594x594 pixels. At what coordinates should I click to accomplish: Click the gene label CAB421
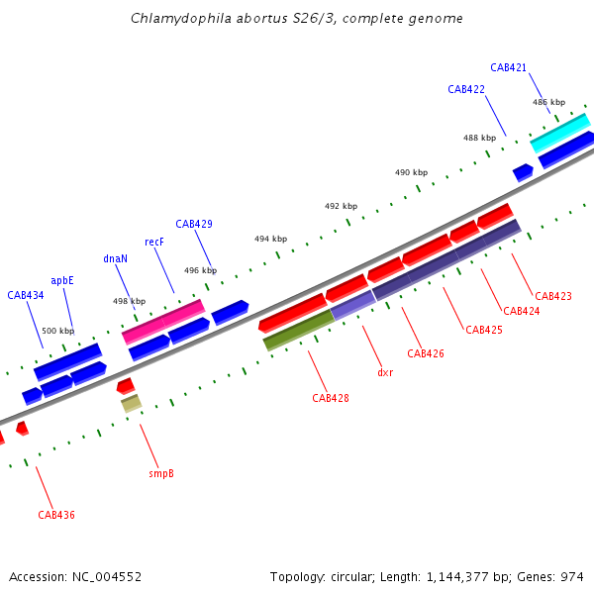pyautogui.click(x=508, y=67)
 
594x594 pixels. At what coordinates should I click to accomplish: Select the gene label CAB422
pyautogui.click(x=465, y=89)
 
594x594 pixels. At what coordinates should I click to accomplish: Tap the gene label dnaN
pyautogui.click(x=115, y=258)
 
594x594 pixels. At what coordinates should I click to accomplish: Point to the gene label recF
pyautogui.click(x=153, y=242)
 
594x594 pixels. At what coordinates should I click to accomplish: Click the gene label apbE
pyautogui.click(x=62, y=280)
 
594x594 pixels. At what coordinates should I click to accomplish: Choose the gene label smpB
pyautogui.click(x=161, y=473)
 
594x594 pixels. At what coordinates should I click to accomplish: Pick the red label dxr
pyautogui.click(x=385, y=373)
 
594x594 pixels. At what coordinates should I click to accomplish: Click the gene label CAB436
pyautogui.click(x=56, y=515)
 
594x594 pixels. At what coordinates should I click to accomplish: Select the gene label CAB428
pyautogui.click(x=330, y=398)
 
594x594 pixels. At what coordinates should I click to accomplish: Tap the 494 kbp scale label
pyautogui.click(x=270, y=239)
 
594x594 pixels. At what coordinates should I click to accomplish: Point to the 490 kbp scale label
pyautogui.click(x=411, y=172)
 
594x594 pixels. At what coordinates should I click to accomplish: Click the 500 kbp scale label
pyautogui.click(x=57, y=331)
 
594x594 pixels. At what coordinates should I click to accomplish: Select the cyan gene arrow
pyautogui.click(x=559, y=133)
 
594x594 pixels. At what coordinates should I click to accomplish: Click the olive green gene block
pyautogui.click(x=298, y=330)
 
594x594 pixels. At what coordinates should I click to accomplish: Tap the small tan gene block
pyautogui.click(x=131, y=403)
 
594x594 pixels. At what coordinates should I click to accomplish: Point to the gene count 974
pyautogui.click(x=571, y=576)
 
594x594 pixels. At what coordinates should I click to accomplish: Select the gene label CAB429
pyautogui.click(x=193, y=224)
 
